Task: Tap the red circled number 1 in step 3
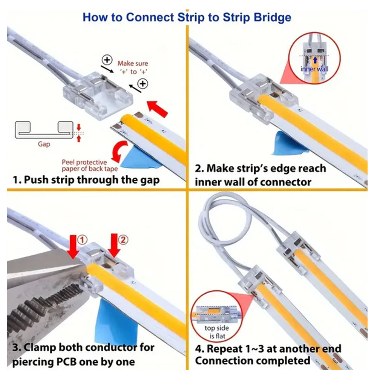[x=82, y=239]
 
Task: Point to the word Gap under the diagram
[x=44, y=144]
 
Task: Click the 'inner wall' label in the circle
[x=315, y=69]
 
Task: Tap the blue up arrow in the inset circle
[x=315, y=59]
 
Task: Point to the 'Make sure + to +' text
[x=133, y=67]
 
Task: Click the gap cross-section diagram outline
[x=41, y=130]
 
